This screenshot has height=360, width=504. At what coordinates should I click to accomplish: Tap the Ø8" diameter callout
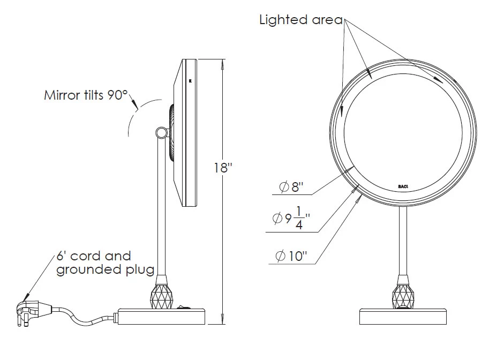coord(291,187)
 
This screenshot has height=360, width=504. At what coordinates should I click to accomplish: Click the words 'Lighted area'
coord(300,20)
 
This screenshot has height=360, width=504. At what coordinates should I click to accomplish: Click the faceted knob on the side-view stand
coord(163,297)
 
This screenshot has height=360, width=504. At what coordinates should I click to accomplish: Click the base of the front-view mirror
coord(403,317)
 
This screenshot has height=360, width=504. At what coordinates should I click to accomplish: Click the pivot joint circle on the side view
coord(160,132)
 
